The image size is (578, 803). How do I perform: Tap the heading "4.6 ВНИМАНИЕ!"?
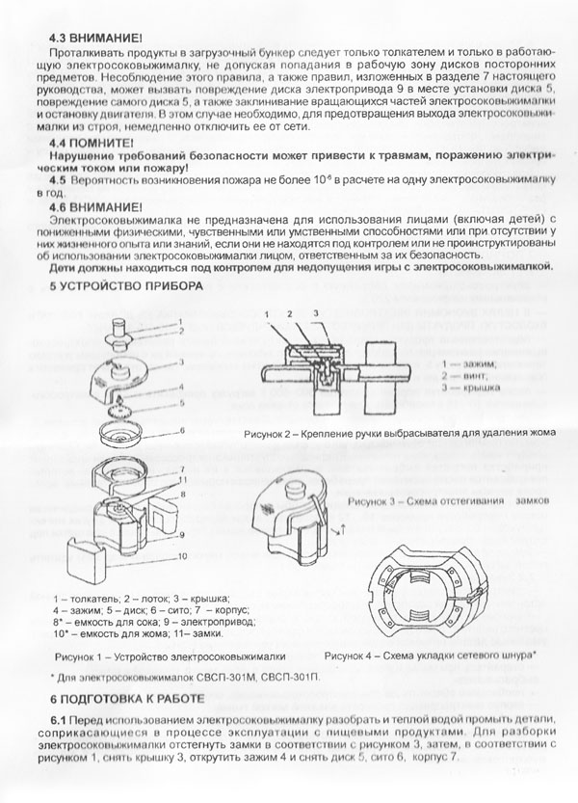click(93, 207)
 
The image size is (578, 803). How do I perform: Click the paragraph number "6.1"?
click(61, 721)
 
